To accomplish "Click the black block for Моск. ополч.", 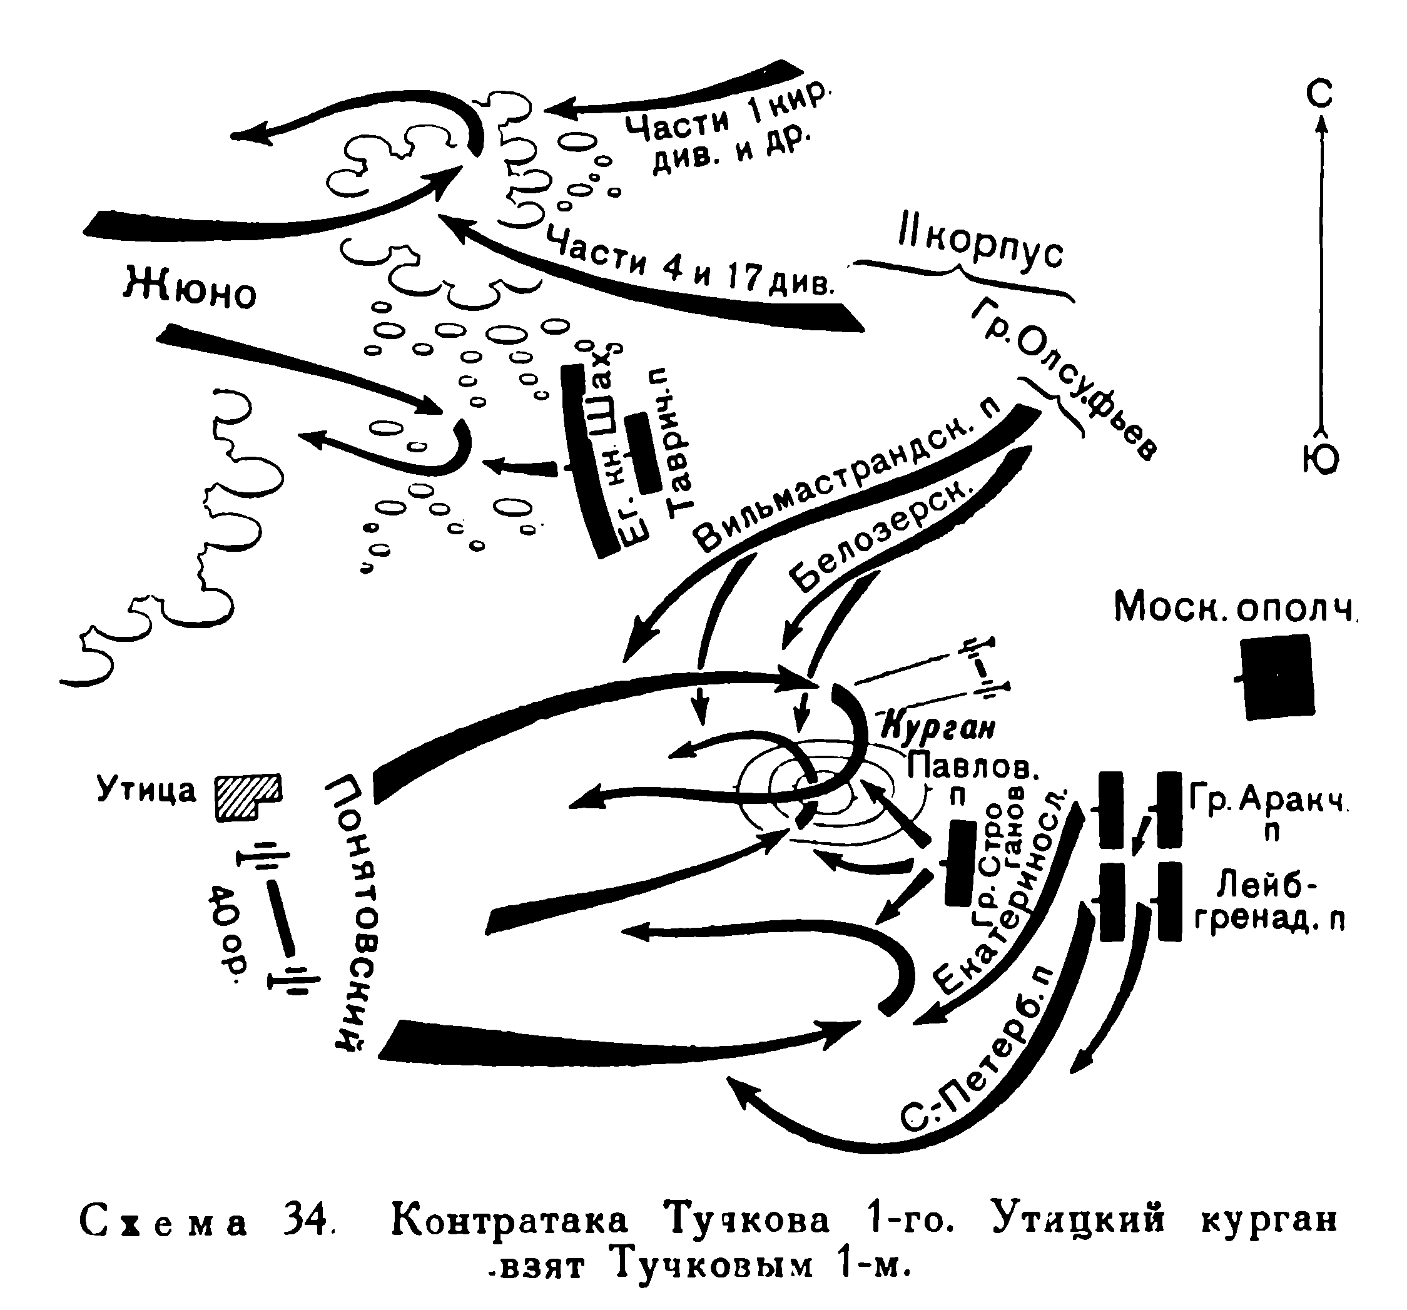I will tap(1278, 677).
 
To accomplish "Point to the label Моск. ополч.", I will tap(1234, 607).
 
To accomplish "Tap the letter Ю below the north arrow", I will tap(1320, 459).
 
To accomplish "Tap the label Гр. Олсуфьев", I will tap(1065, 378).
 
